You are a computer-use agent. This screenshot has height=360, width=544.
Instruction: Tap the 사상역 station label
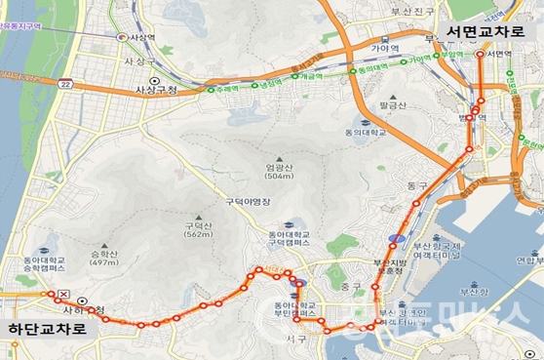point(142,37)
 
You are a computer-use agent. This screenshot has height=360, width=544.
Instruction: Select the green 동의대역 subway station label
point(368,66)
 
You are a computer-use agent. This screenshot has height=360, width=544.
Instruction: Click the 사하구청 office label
point(82,309)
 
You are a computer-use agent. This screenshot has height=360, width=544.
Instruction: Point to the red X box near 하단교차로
point(63,294)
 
